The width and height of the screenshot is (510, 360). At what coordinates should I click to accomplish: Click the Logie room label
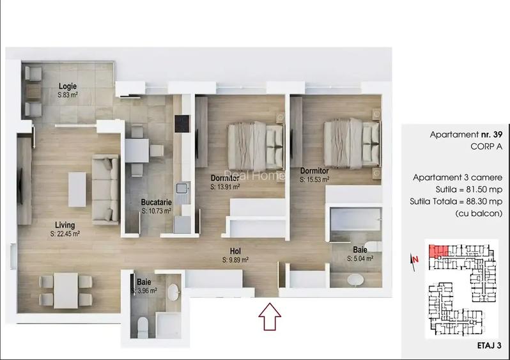click(68, 86)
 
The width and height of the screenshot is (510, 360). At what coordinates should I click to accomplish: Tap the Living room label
click(65, 225)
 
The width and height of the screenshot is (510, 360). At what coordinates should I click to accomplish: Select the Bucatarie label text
click(156, 203)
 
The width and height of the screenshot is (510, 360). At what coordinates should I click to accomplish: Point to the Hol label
click(235, 251)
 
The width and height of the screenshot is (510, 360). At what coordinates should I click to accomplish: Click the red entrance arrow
click(269, 316)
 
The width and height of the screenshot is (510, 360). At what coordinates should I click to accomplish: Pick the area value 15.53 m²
click(314, 180)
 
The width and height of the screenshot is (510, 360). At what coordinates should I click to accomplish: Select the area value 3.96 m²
click(144, 291)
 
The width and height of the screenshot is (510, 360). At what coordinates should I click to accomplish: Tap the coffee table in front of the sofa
click(77, 188)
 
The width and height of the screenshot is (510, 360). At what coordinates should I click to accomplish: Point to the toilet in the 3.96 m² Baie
click(142, 326)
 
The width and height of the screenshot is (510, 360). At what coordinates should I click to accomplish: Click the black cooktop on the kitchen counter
click(182, 121)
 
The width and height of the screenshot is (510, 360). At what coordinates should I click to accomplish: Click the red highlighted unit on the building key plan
click(437, 250)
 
